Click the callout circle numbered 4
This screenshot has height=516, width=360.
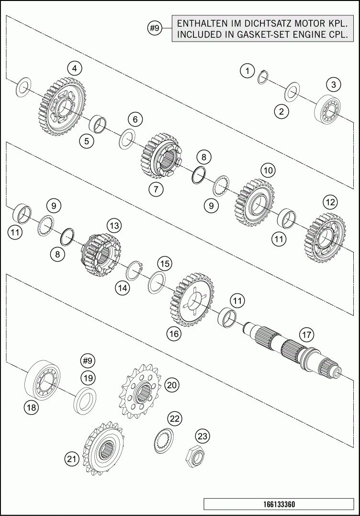(75, 69)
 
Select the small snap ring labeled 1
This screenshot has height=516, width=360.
(262, 77)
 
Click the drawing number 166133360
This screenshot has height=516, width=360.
(279, 504)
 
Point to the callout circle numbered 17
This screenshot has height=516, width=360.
(306, 335)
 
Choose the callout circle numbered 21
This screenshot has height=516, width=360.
(72, 459)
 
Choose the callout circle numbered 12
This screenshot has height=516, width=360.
(330, 202)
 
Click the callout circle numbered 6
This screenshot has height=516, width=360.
(135, 119)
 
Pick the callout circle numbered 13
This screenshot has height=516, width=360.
(114, 226)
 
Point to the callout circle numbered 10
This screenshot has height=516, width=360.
(268, 171)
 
